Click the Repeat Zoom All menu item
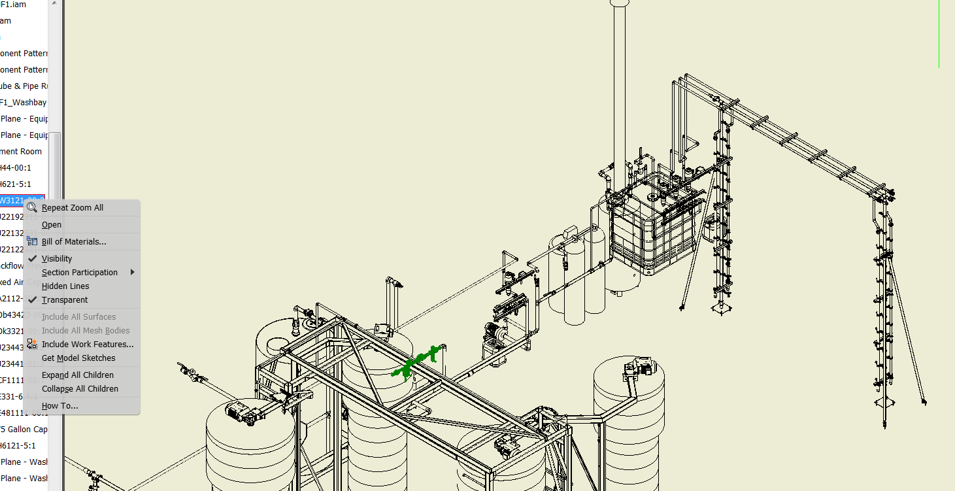tap(72, 208)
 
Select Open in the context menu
tap(52, 225)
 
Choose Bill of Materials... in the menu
tap(73, 242)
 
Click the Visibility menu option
tap(57, 259)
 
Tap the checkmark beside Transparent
tap(32, 300)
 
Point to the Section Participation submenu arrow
tap(133, 273)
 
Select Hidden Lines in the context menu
tap(65, 286)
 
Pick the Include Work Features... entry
tap(88, 345)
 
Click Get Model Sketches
tap(78, 358)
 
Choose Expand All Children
tap(78, 375)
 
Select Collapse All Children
tap(80, 389)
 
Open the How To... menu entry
tap(59, 406)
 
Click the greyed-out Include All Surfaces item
tap(78, 317)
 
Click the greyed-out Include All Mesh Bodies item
tap(86, 331)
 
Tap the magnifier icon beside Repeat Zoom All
tap(32, 208)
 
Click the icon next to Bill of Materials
tap(32, 241)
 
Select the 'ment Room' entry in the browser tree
tap(21, 152)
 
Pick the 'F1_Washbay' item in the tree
tap(24, 103)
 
